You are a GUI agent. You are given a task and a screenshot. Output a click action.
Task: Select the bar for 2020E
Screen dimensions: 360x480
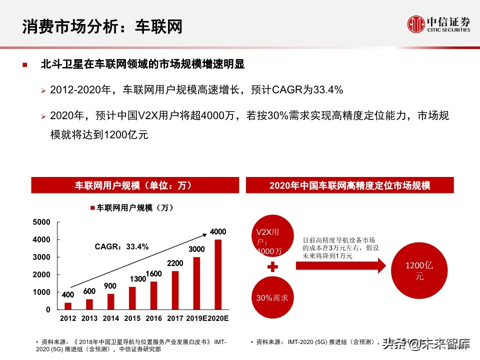point(218,274)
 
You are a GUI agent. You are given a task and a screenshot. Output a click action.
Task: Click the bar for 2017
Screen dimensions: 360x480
point(175,290)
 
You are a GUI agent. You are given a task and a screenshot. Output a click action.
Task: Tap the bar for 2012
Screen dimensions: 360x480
point(68,305)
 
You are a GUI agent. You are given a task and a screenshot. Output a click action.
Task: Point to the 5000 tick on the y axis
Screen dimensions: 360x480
point(41,222)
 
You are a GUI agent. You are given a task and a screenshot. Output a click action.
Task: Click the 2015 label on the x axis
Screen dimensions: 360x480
point(132,318)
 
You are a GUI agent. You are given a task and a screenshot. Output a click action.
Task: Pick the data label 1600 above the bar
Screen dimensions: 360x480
point(153,273)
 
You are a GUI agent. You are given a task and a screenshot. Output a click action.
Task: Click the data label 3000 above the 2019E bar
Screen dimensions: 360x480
point(196,248)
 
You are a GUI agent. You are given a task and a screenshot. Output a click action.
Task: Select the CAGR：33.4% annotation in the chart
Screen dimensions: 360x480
point(122,246)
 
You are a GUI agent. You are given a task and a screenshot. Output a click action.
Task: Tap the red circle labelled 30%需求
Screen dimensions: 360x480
point(272,298)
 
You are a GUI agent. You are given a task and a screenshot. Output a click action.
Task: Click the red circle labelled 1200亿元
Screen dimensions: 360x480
point(413,271)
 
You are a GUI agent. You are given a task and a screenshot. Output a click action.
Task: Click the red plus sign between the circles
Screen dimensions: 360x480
point(272,267)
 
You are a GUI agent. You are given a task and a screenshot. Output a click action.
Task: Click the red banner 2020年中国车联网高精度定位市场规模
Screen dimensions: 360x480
point(349,185)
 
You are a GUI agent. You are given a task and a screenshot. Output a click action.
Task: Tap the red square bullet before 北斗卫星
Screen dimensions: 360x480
point(25,65)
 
